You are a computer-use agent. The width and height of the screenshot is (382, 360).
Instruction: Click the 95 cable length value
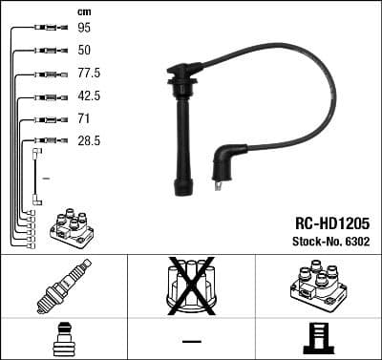coord(83,29)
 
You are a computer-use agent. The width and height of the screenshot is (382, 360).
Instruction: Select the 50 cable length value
coord(83,50)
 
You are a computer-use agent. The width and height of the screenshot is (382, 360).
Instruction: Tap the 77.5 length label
coord(87,73)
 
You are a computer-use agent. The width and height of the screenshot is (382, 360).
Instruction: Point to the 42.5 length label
coord(87,95)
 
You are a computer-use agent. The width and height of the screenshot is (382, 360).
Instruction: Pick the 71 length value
coord(82,118)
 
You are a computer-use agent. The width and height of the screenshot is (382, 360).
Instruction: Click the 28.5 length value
coord(87,140)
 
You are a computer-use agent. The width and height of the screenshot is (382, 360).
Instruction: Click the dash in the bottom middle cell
coord(191,340)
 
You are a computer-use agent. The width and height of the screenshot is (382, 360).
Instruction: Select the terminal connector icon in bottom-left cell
coord(63,339)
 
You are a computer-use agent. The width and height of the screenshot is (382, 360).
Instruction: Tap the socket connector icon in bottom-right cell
coord(318,339)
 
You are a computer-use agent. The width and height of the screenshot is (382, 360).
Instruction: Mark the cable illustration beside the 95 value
coord(45,29)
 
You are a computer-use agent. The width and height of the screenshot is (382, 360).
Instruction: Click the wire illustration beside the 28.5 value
coord(38,172)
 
